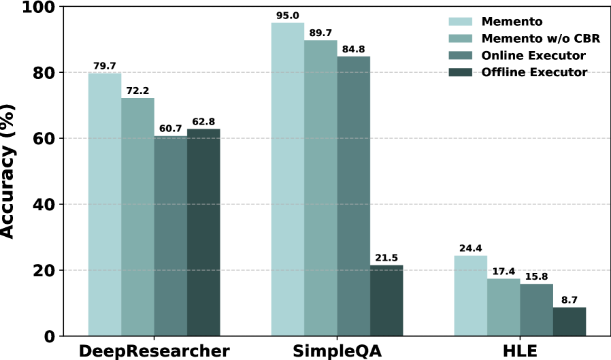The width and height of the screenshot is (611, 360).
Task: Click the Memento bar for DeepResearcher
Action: pos(105,205)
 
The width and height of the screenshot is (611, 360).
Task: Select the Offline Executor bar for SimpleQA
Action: pos(386,300)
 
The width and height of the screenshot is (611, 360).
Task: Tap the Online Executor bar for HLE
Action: pos(537,310)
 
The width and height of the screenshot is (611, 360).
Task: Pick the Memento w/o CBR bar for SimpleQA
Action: pos(320,189)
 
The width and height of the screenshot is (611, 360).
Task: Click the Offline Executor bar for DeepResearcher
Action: pos(203,233)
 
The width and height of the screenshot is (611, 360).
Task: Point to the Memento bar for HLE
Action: pos(471,296)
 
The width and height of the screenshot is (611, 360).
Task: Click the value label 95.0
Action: pos(288,16)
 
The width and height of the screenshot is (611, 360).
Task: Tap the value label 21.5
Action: pos(386,258)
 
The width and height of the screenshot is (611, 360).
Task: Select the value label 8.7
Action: pos(569,300)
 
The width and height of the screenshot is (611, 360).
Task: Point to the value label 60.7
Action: pos(171,129)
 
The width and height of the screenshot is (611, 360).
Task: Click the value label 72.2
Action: pos(137,91)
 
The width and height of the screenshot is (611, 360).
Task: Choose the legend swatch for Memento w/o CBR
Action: pos(460,38)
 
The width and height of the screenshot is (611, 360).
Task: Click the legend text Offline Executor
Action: pos(534,72)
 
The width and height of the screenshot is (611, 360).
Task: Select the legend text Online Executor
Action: pos(533,55)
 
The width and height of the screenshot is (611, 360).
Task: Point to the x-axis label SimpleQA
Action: pos(337,351)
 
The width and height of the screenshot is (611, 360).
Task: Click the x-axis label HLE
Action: pos(521,351)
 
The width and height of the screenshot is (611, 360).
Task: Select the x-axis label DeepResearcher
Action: pos(154,351)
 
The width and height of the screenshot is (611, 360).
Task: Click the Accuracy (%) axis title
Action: pos(7,171)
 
